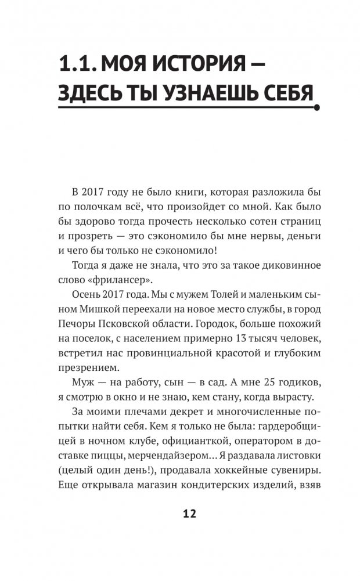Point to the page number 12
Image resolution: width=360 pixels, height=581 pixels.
click(189, 514)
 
